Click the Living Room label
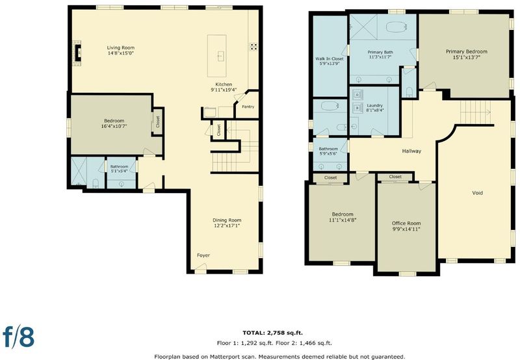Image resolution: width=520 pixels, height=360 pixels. (121, 47)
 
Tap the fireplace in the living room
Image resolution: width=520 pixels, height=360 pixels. (77, 53)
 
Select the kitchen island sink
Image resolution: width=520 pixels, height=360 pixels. (221, 56)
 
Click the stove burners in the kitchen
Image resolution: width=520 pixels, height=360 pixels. (253, 46)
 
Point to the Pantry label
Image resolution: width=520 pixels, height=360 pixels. (248, 107)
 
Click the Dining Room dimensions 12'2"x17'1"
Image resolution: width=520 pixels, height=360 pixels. (227, 225)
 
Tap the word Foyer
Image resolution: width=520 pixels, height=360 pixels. (203, 255)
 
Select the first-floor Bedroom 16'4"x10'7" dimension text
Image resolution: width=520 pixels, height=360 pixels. (114, 126)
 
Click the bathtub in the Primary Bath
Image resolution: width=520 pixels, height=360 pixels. (396, 27)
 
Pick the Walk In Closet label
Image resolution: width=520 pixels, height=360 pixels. (330, 58)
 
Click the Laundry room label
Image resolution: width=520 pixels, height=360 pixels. (375, 105)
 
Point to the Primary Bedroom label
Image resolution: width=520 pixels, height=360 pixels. (467, 51)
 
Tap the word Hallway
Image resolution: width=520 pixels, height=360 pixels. (411, 151)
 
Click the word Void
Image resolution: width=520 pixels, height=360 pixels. (478, 193)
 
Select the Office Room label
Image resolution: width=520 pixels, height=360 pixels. (406, 224)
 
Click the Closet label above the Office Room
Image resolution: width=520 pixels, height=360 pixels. (395, 177)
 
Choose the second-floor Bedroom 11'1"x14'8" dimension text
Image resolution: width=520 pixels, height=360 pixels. (343, 220)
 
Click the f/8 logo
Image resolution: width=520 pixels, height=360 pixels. (19, 336)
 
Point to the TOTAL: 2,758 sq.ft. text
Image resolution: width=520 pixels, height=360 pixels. (272, 333)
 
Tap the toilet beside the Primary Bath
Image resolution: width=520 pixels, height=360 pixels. (409, 92)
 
